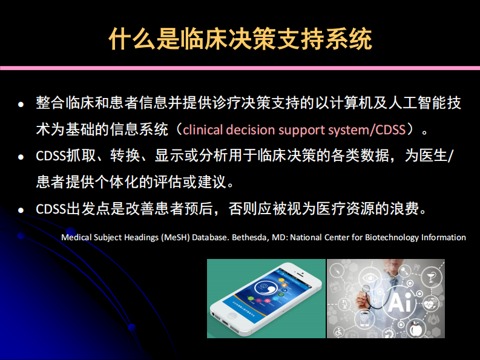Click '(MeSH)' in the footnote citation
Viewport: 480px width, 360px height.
click(176, 237)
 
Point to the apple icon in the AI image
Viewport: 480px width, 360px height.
click(415, 329)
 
